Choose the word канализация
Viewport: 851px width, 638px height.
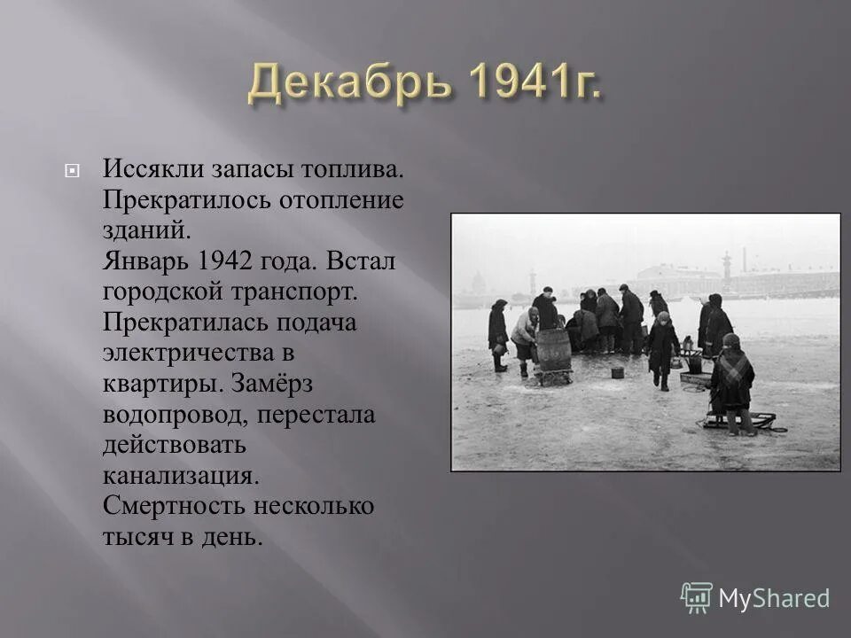181,477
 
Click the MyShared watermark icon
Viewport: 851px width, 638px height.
697,598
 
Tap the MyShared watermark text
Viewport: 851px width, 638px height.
774,599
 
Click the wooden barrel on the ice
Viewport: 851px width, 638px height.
554,351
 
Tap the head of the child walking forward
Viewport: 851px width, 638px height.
663,316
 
